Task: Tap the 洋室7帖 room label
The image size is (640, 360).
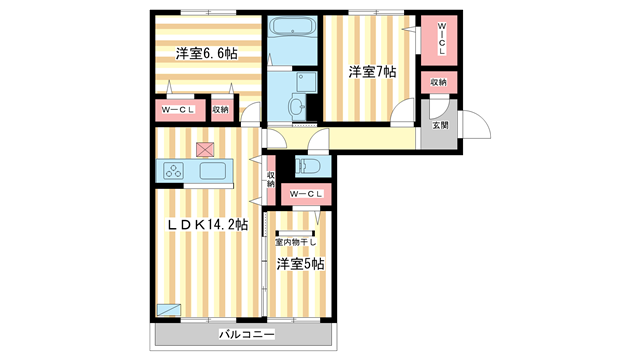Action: click(x=372, y=72)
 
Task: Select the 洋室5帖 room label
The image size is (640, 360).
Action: click(x=300, y=264)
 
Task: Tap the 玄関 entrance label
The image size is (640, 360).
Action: click(x=440, y=125)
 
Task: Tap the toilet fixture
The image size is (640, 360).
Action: click(x=308, y=166)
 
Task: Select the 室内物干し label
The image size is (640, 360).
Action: click(x=296, y=242)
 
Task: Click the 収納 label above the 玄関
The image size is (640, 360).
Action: click(x=439, y=82)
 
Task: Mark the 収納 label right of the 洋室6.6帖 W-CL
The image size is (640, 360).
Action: click(x=221, y=109)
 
